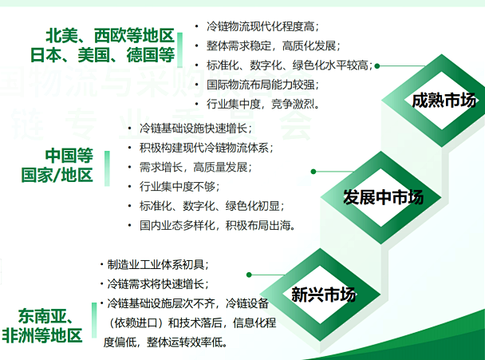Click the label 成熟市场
click(444, 101)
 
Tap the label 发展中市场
click(383, 197)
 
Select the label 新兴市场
click(323, 295)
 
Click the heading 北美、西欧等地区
click(109, 36)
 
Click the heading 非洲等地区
click(42, 335)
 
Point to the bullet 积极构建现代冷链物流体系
click(206, 148)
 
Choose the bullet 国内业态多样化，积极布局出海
click(216, 225)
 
